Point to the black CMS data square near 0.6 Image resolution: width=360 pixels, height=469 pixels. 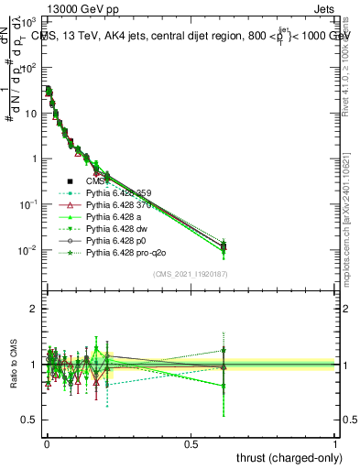[224, 246]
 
